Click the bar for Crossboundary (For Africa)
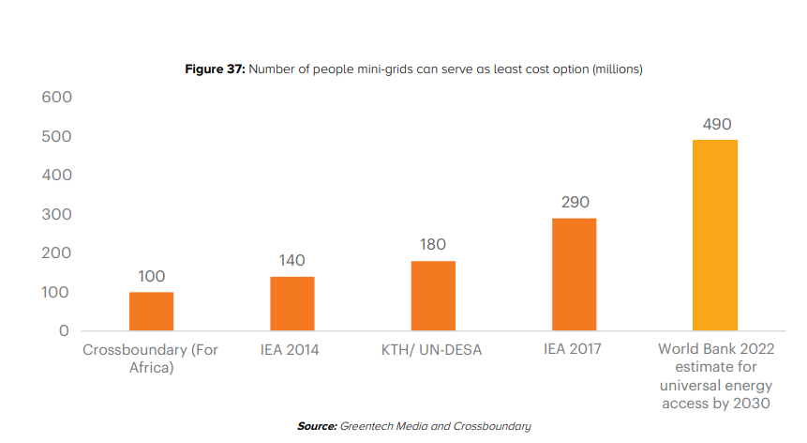(x=151, y=312)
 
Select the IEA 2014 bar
(x=291, y=304)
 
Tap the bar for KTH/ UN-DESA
(x=432, y=296)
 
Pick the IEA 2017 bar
(x=574, y=274)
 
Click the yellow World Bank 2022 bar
(x=714, y=235)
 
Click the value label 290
(x=574, y=203)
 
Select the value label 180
(x=432, y=245)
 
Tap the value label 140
(x=291, y=261)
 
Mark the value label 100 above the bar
(x=151, y=276)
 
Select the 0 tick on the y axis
(x=64, y=331)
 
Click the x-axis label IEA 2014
(x=291, y=350)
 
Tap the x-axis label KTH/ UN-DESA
(x=432, y=350)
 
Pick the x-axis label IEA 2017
(x=573, y=350)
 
